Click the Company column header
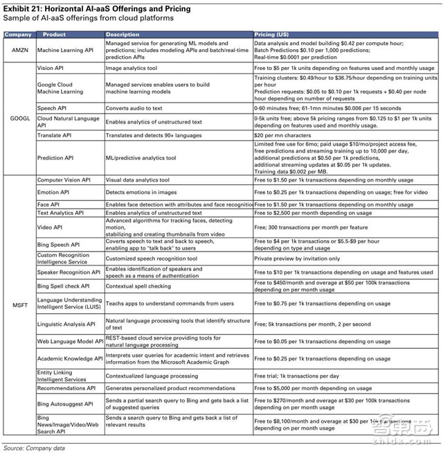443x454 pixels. coord(18,34)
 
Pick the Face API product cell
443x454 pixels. coord(52,205)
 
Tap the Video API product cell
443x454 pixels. coord(53,226)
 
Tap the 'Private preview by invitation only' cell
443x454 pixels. coord(298,259)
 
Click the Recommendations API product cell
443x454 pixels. coord(70,388)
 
